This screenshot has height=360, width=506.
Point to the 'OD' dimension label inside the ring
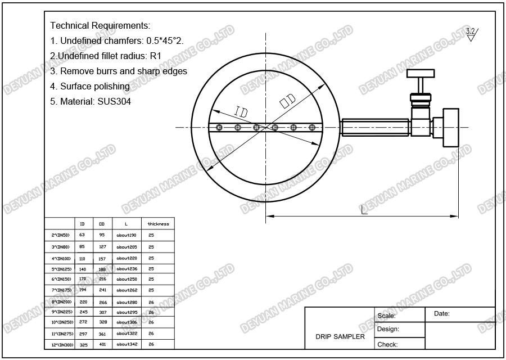click(288, 102)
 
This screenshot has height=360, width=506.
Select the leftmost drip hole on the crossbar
click(219, 128)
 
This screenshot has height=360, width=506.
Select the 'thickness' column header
click(158, 224)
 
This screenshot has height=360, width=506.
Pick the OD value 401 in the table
click(102, 344)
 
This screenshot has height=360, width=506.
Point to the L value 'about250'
click(126, 280)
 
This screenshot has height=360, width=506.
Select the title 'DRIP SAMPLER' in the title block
click(340, 336)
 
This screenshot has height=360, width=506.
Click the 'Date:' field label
click(442, 314)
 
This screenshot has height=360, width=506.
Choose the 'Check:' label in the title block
click(388, 344)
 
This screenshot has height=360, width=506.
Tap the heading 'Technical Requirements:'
click(100, 26)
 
